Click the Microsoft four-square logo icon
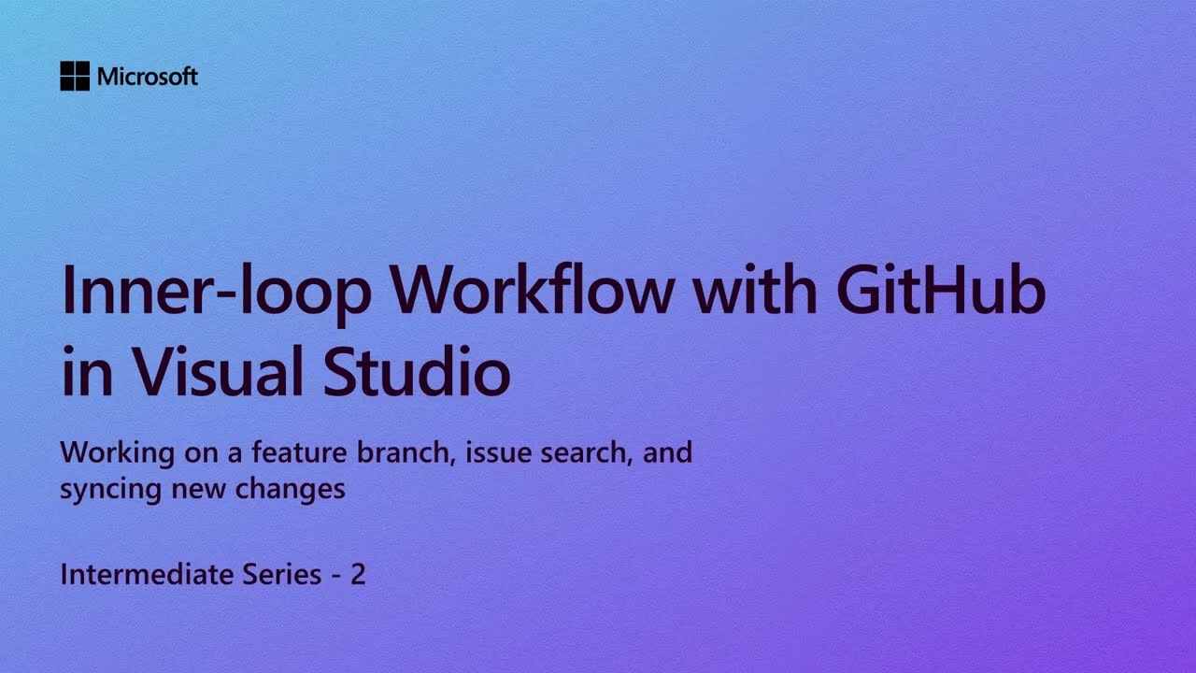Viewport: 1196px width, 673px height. [x=75, y=76]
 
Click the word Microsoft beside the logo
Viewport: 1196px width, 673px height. [x=148, y=77]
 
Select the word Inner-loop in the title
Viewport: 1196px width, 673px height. [x=216, y=292]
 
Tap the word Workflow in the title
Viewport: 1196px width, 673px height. [x=532, y=292]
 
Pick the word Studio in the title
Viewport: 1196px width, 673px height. [x=417, y=371]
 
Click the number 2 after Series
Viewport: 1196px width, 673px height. [x=358, y=574]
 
